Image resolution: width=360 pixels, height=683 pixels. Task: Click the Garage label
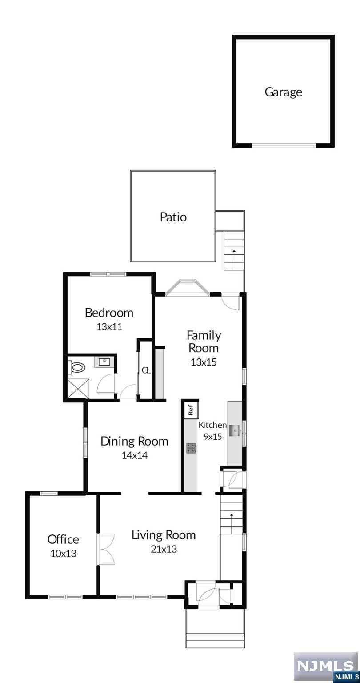point(283,92)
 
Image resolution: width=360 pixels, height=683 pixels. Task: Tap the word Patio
point(173,217)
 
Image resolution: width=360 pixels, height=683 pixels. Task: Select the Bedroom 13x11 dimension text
point(109,327)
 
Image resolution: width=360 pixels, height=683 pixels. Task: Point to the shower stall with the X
point(78,388)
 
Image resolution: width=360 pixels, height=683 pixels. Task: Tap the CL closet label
point(146,371)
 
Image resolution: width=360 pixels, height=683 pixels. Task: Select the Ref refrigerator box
point(191,410)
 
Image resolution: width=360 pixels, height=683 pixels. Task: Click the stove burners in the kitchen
point(191,448)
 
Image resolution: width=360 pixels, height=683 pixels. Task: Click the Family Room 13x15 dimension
point(204,362)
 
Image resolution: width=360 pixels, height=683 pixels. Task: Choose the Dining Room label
point(134,441)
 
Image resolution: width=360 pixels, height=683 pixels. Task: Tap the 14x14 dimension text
point(134,455)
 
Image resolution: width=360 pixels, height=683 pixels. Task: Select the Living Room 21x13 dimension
point(164,549)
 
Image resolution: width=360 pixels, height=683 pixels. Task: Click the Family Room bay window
point(188,287)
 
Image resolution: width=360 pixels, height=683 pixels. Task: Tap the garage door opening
point(284,145)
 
